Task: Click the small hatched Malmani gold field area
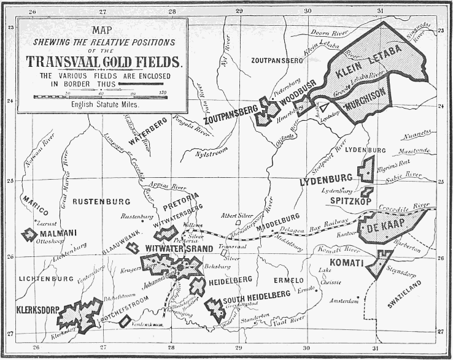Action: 29,234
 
